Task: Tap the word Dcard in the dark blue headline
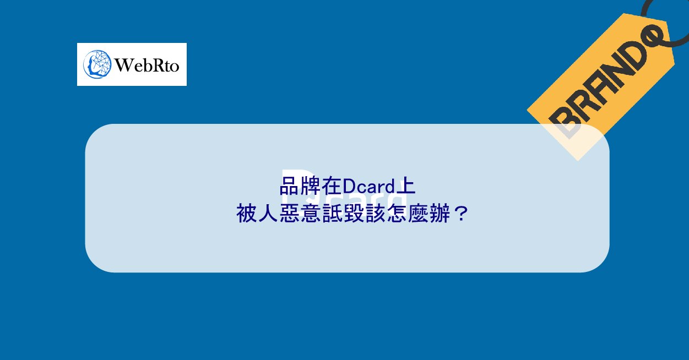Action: (370, 186)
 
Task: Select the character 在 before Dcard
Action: (332, 186)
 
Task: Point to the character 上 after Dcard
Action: (406, 186)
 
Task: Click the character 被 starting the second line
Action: (247, 213)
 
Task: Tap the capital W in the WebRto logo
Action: (122, 66)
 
